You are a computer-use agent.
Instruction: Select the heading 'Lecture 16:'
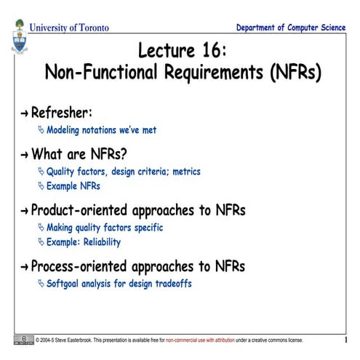pos(183,51)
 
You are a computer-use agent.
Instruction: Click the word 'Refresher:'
pos(62,112)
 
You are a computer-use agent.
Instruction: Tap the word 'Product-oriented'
pos(87,210)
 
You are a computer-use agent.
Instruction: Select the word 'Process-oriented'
pos(87,265)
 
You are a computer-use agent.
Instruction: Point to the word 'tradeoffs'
pos(170,283)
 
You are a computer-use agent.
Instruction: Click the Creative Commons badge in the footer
pos(23,340)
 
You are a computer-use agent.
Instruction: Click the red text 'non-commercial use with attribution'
pos(209,340)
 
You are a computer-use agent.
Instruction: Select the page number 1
pos(345,340)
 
